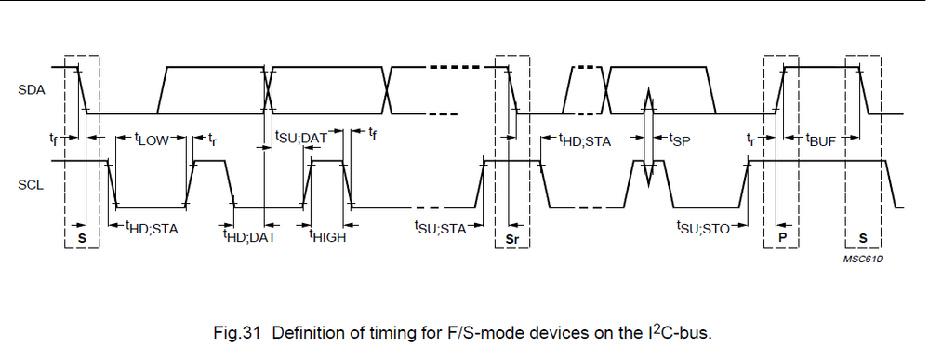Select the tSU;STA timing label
point(440,226)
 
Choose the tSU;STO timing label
point(703,226)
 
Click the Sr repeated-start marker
point(511,238)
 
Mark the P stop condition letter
point(781,238)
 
